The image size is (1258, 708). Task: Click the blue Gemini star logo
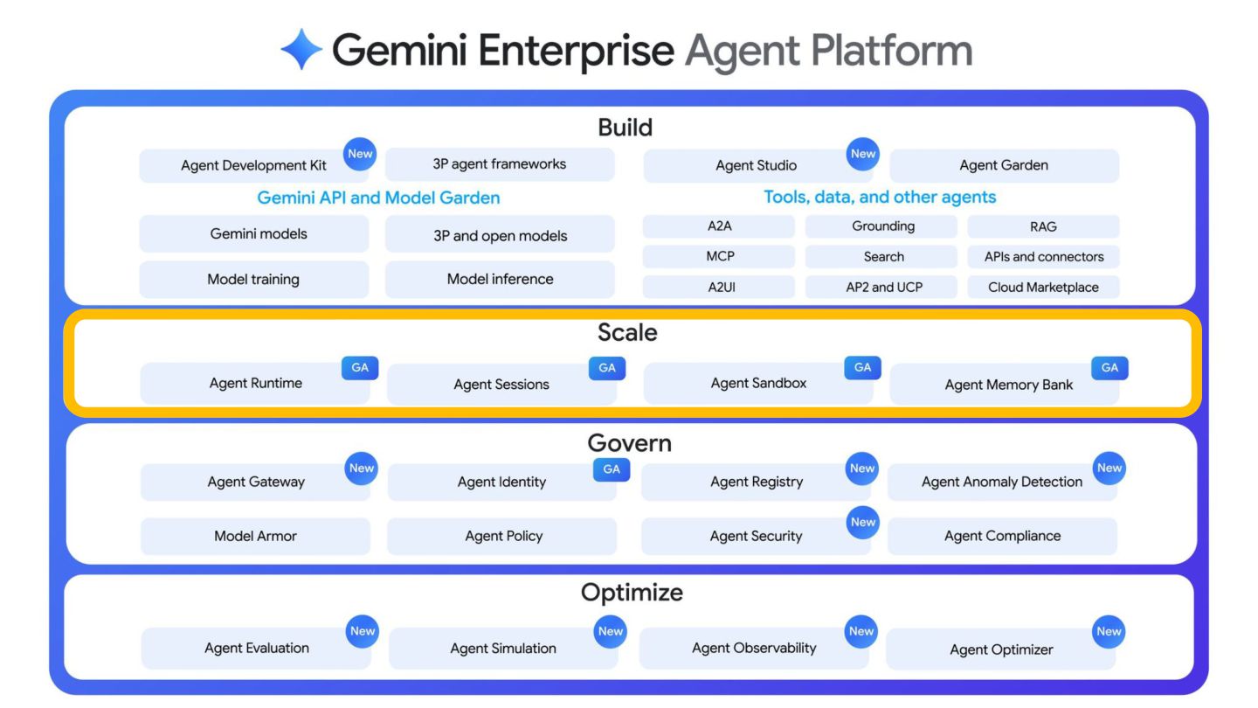[301, 50]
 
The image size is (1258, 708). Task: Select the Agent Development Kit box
[254, 165]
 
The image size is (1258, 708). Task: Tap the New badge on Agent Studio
[862, 154]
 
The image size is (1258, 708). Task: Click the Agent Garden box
[1004, 165]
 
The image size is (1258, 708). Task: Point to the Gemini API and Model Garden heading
[378, 198]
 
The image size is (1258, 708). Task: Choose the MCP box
[719, 256]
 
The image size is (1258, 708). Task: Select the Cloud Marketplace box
[1043, 287]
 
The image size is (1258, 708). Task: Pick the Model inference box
[500, 280]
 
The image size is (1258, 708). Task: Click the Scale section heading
[627, 333]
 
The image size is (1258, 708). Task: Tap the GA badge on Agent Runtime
[360, 368]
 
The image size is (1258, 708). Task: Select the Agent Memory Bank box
[1005, 385]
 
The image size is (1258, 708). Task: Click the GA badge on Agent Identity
[612, 469]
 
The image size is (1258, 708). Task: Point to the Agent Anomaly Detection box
[1003, 482]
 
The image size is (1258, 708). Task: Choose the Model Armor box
[255, 536]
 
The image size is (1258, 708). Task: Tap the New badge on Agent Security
[862, 522]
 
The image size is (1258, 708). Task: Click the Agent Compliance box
[1003, 536]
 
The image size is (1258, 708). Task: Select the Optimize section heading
[632, 593]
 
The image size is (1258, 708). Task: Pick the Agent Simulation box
[503, 649]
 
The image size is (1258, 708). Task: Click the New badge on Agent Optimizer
[1109, 632]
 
